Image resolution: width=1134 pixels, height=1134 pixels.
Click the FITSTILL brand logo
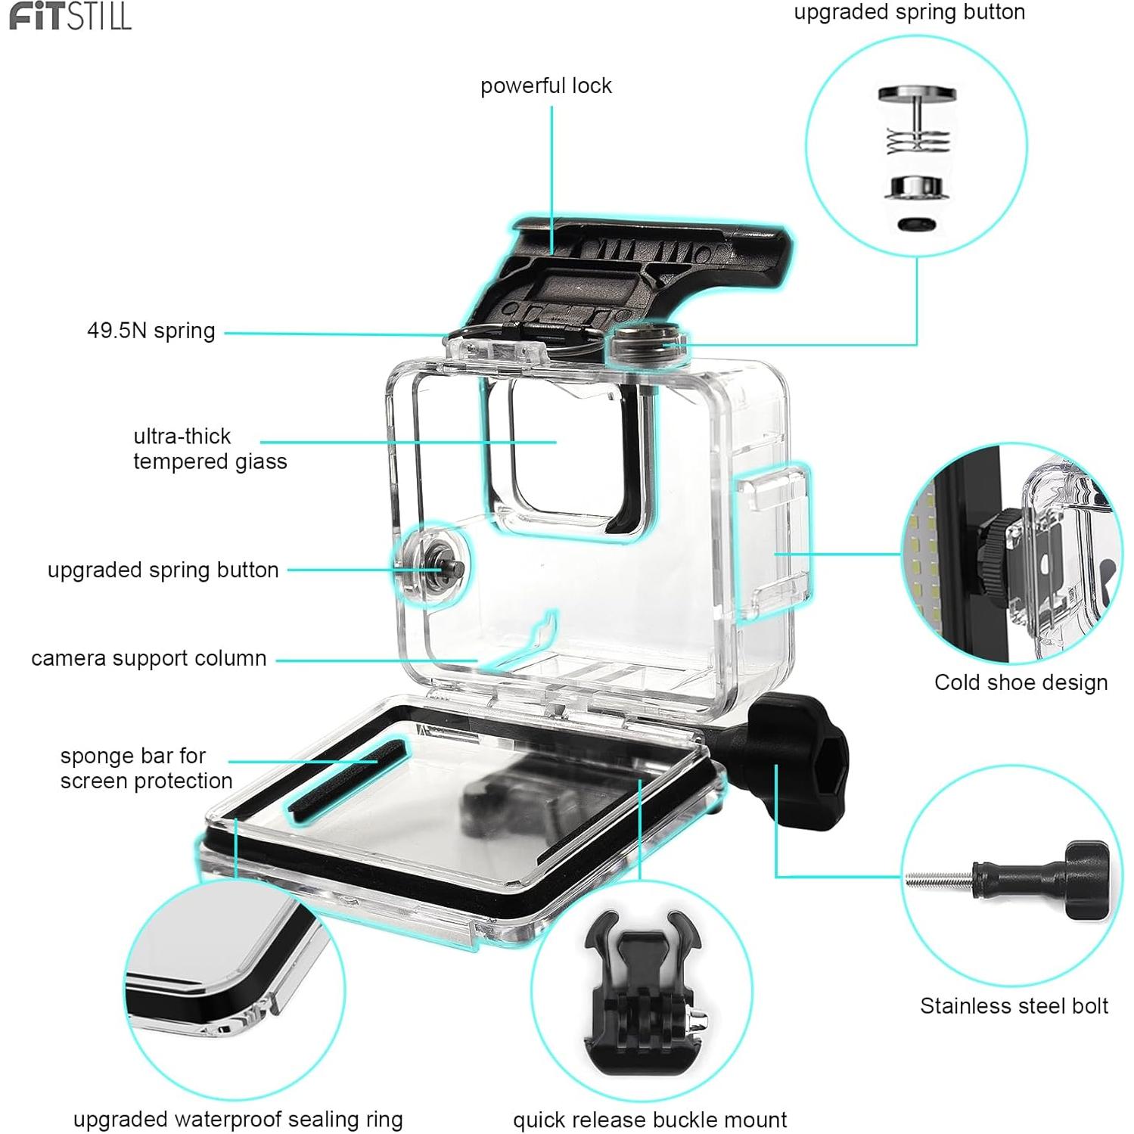click(x=70, y=16)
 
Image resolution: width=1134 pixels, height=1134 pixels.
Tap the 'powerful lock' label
click(x=545, y=86)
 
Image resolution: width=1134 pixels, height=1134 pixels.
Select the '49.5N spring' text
click(x=151, y=331)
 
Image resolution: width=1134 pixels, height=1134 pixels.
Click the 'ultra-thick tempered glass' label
click(x=210, y=449)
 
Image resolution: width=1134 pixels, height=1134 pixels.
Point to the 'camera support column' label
click(x=148, y=658)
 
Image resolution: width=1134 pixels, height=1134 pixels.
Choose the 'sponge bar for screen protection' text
click(x=145, y=768)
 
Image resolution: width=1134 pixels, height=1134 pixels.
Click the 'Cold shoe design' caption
click(x=1020, y=682)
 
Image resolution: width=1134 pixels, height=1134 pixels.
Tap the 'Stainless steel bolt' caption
click(x=1014, y=1006)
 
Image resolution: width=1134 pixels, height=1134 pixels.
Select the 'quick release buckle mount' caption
click(x=649, y=1120)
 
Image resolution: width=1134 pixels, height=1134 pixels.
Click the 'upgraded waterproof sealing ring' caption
click(x=238, y=1119)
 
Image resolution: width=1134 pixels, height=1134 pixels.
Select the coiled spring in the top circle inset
click(x=917, y=141)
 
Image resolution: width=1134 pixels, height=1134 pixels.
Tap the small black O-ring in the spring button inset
click(x=915, y=224)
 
